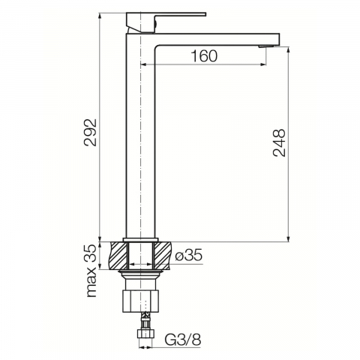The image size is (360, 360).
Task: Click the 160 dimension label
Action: pos(204,56)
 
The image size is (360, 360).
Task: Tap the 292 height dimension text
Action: pos(90,132)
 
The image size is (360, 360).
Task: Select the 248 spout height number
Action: pos(279,142)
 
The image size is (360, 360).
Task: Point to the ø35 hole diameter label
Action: pos(189,255)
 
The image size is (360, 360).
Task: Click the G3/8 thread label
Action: pos(183,340)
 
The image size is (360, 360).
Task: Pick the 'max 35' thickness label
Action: pos(91,271)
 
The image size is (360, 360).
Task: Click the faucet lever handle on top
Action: pos(166,22)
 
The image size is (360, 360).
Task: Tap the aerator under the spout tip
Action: pos(267,46)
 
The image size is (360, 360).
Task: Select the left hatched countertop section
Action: pos(118,256)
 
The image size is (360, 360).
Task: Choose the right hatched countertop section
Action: pos(162,256)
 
